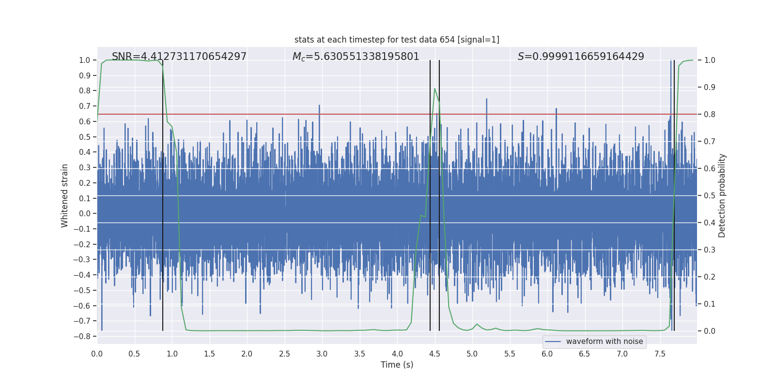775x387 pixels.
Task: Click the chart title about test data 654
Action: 397,40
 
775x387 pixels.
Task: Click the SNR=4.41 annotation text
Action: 179,57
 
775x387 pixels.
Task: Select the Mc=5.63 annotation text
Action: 356,57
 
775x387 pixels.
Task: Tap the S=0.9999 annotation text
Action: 581,57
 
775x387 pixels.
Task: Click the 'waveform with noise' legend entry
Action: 604,342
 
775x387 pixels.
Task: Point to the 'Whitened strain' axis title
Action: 65,195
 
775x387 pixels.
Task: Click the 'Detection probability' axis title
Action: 722,195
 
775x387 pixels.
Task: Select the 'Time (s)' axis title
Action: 397,365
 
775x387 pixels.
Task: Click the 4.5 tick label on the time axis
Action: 434,354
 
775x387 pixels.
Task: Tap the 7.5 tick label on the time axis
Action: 660,354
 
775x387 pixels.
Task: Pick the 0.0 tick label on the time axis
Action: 97,354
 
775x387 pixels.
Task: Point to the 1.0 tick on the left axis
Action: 84,60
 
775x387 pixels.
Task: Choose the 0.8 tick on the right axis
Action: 710,114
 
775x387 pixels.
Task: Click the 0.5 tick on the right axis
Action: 710,195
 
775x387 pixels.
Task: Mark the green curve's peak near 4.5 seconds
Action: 434,89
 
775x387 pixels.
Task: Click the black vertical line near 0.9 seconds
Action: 163,193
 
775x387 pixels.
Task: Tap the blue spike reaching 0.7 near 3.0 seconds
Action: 319,106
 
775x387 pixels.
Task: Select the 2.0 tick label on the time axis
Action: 247,354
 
